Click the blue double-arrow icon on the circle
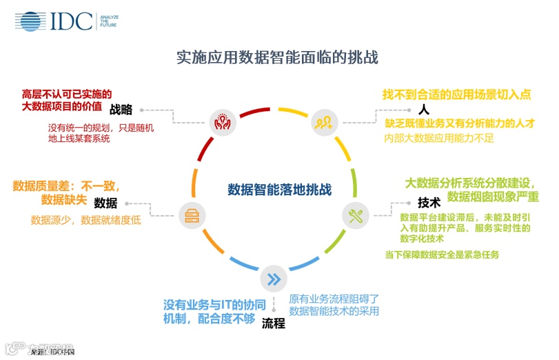click(x=273, y=279)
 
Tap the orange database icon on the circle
click(x=190, y=216)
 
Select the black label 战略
click(x=121, y=109)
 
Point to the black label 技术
click(x=429, y=203)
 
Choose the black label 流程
click(x=274, y=323)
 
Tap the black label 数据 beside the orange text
click(x=105, y=203)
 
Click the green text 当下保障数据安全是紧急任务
click(x=442, y=254)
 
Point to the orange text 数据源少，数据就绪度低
click(x=85, y=221)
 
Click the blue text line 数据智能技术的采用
click(x=334, y=311)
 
